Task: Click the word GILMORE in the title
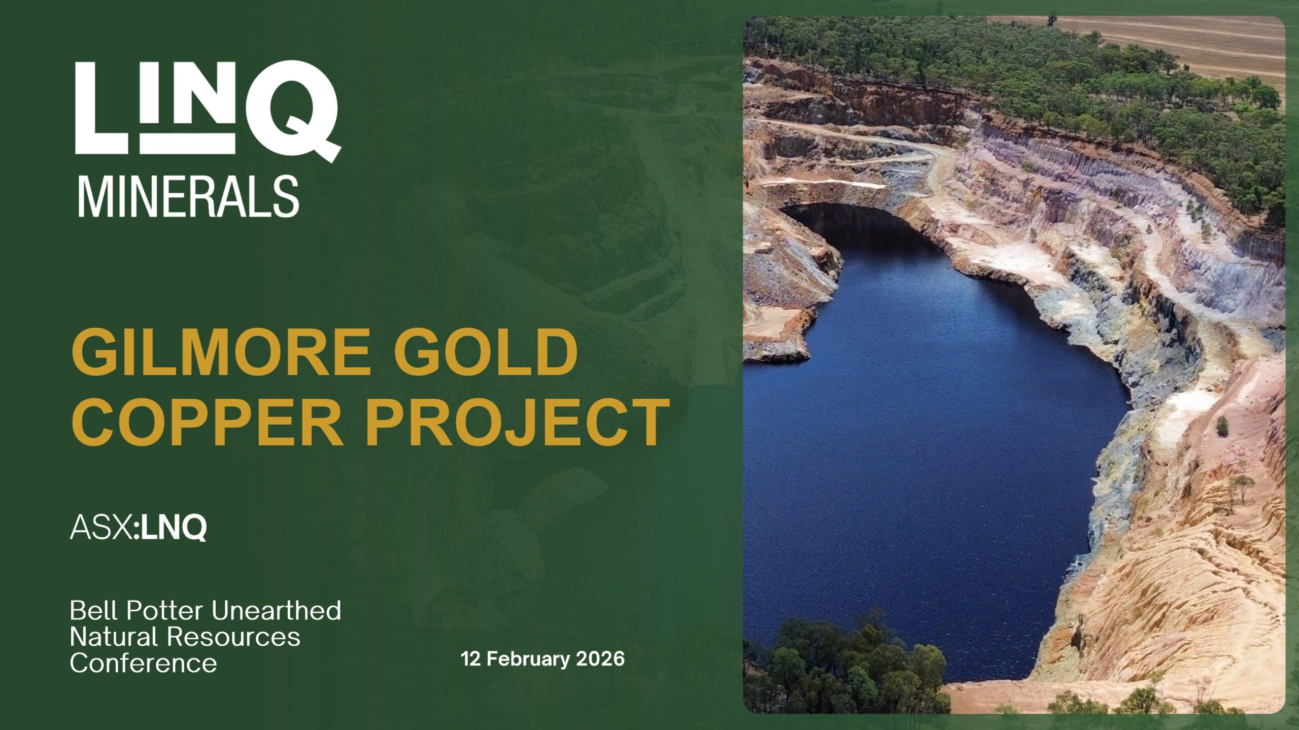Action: pyautogui.click(x=221, y=351)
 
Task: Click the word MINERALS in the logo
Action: pyautogui.click(x=188, y=197)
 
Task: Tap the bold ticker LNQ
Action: pyautogui.click(x=174, y=528)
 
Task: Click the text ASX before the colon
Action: pyautogui.click(x=101, y=527)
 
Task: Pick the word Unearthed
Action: pyautogui.click(x=277, y=610)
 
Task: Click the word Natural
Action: pyautogui.click(x=115, y=637)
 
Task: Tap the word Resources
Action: pyautogui.click(x=234, y=637)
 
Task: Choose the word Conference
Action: pyautogui.click(x=144, y=663)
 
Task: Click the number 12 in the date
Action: pyautogui.click(x=470, y=658)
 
